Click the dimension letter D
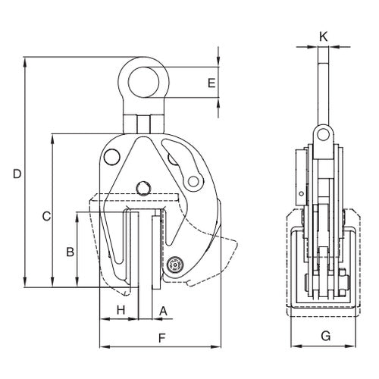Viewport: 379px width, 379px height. point(17,174)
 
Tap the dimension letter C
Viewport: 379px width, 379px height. point(46,217)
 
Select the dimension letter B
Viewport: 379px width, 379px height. point(70,252)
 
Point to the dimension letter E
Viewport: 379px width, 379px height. point(211,83)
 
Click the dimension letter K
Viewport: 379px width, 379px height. point(324,37)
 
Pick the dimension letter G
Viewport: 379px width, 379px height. point(326,337)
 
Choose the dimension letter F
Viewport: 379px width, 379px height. point(161,338)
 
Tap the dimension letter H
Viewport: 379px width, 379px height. point(121,310)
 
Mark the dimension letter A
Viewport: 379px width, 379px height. point(163,311)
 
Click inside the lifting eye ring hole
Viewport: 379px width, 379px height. point(143,83)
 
